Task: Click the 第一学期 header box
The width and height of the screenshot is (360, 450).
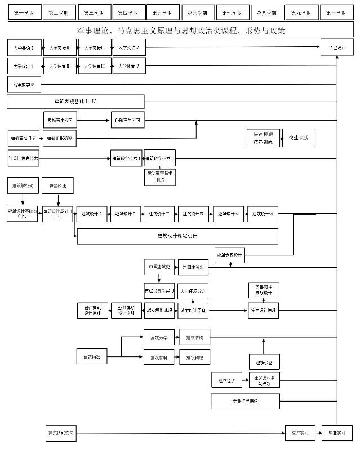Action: click(x=24, y=12)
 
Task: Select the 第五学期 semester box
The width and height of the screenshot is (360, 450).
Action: click(x=163, y=12)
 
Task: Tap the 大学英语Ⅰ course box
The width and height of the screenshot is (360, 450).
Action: click(x=24, y=49)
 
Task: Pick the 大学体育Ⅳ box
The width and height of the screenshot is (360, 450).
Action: click(x=129, y=67)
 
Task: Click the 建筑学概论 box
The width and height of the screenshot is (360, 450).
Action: click(x=23, y=186)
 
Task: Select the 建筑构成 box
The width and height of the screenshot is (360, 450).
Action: click(x=58, y=186)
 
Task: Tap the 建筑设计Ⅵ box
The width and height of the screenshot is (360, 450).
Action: click(x=263, y=214)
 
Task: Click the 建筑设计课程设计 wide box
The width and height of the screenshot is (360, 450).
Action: click(x=177, y=236)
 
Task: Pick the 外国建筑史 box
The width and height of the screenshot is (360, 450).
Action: click(x=193, y=266)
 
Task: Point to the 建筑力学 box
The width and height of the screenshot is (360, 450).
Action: click(x=159, y=339)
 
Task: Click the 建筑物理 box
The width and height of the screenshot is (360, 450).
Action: click(x=194, y=358)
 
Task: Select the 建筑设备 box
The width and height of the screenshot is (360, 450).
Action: click(x=264, y=361)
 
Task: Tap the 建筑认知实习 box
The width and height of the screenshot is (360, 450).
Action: click(x=60, y=433)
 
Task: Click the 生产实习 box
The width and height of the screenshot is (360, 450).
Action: click(x=300, y=433)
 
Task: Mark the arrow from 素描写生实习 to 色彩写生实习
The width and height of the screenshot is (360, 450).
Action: click(x=94, y=120)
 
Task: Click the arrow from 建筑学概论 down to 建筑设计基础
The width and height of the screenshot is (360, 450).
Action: click(x=23, y=199)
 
